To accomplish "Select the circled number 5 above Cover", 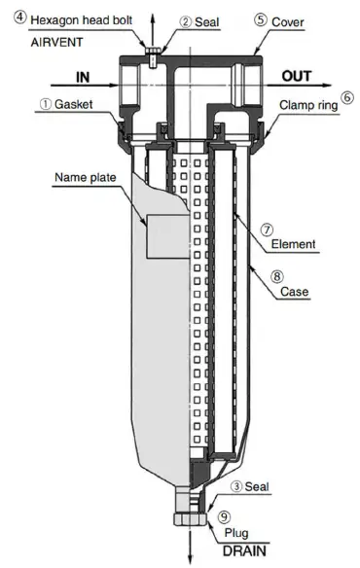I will point(261,18).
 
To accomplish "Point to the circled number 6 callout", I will point(347,97).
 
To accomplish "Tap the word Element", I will point(292,244).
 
